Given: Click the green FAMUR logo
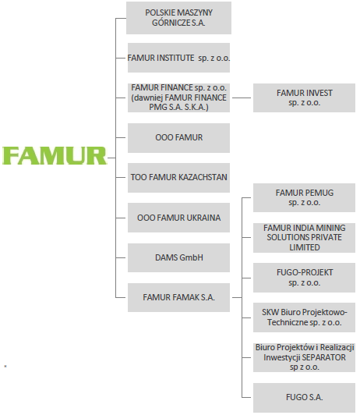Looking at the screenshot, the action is (55, 156).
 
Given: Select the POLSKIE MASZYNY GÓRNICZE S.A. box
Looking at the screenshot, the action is (178, 18).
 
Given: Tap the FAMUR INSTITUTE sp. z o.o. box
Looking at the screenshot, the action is (178, 58).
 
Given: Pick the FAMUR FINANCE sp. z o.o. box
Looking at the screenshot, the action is (178, 98).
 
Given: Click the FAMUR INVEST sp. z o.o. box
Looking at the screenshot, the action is (304, 98).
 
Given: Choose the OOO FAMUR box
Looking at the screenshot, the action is (178, 138).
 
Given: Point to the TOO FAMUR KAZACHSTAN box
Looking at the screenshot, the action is (178, 178).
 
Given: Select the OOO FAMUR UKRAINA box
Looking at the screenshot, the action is (178, 218).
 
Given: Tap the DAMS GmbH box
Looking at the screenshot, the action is (178, 257).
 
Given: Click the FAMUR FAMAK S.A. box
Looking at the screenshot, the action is (178, 297).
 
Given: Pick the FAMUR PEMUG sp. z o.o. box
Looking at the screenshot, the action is (304, 197).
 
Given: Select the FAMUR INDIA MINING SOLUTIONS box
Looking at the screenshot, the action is (304, 238).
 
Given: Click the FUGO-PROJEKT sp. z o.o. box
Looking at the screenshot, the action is (304, 278).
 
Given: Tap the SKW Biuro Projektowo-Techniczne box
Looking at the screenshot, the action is (304, 317).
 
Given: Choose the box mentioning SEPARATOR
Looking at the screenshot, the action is (304, 357).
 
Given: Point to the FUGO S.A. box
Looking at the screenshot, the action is (304, 398).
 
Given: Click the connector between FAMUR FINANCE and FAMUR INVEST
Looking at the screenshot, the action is (242, 98).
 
